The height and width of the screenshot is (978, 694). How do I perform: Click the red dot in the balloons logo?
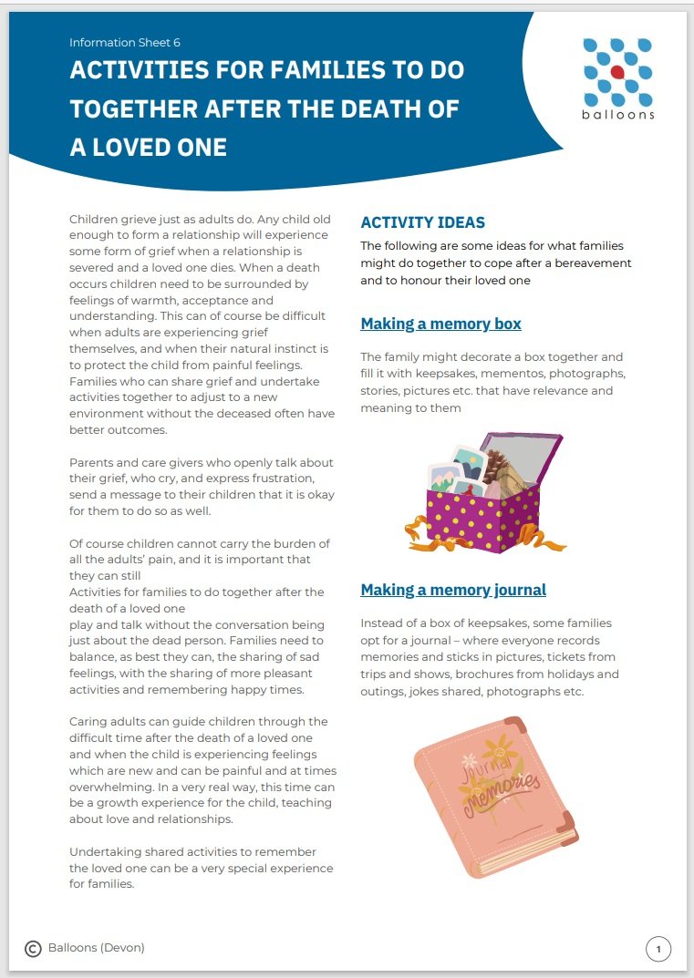[617, 72]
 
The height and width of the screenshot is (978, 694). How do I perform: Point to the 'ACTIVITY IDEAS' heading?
[422, 222]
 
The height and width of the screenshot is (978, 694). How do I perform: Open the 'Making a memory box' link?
[440, 324]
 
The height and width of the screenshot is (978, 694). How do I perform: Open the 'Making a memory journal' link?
[453, 590]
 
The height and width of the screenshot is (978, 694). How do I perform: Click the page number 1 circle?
[658, 949]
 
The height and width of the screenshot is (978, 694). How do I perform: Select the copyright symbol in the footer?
[33, 949]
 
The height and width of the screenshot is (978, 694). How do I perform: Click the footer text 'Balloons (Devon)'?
[97, 948]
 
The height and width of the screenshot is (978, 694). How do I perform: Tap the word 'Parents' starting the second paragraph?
[93, 463]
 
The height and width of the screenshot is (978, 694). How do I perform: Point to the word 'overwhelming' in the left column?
[109, 787]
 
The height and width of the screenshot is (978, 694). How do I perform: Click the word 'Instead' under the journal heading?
[383, 623]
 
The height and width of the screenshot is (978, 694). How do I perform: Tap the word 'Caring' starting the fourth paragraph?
[90, 721]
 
